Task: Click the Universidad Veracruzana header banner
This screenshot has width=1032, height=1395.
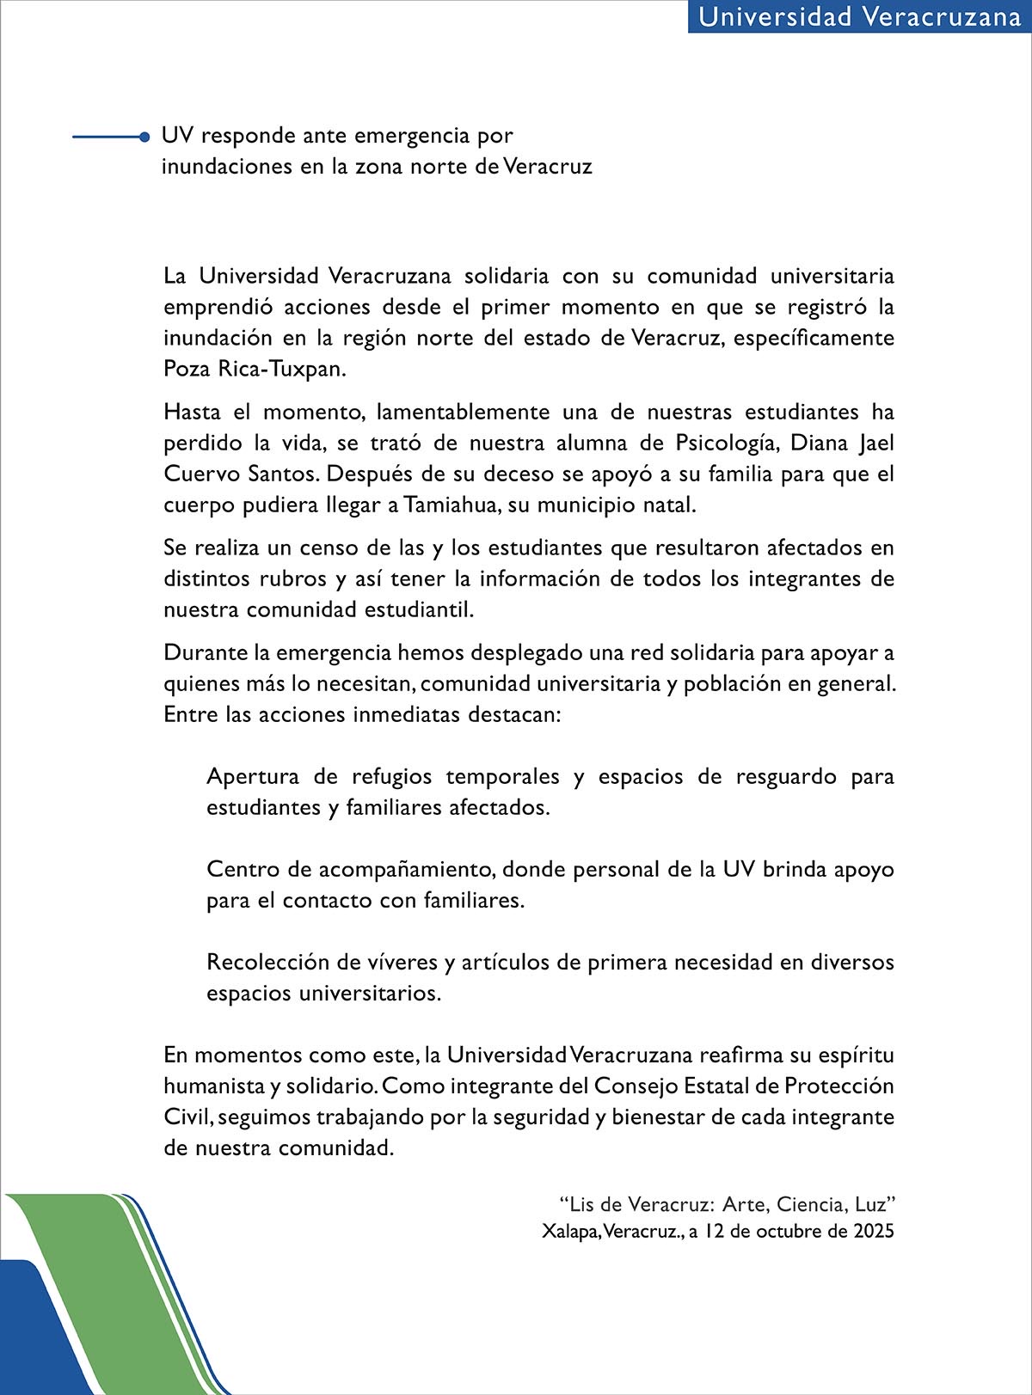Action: coord(859,17)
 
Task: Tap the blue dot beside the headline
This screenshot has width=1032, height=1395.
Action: coord(144,136)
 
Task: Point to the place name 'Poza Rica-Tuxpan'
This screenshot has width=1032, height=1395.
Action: coord(255,369)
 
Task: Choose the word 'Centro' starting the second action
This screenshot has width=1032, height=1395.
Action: coord(243,869)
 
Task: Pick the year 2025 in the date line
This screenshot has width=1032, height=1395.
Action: coord(874,1231)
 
